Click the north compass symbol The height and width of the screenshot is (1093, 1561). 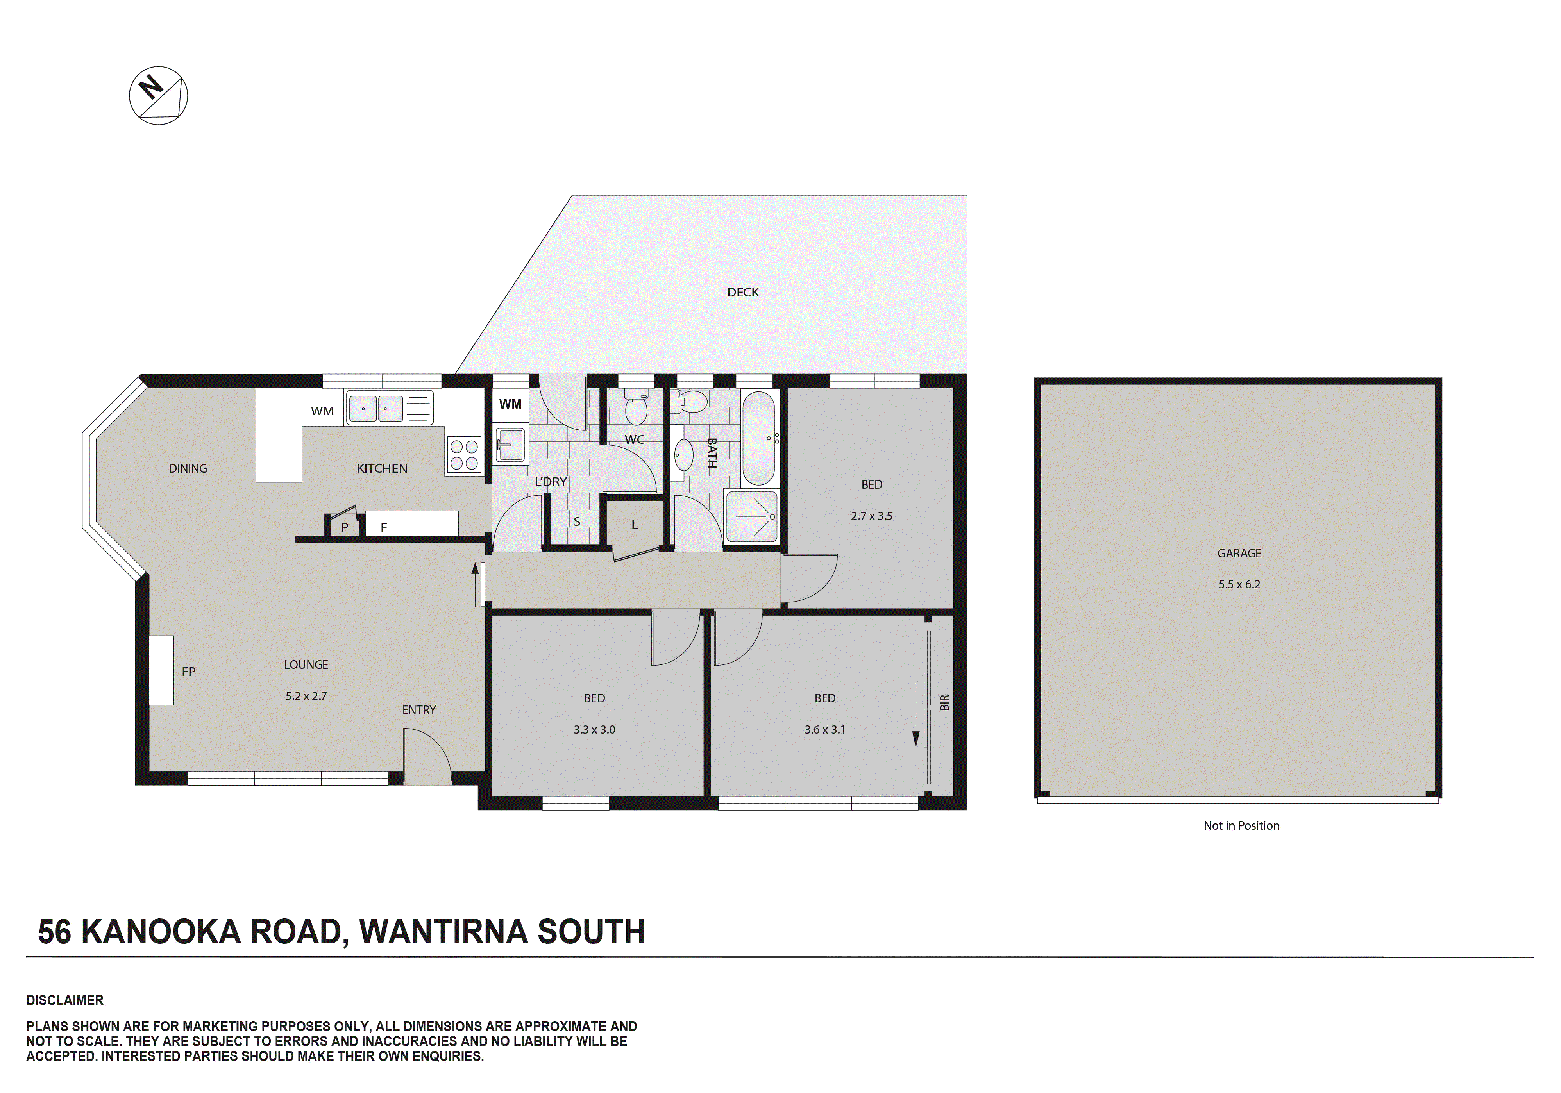click(158, 95)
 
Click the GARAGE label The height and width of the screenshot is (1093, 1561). click(1239, 553)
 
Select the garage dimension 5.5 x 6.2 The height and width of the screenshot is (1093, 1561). click(1239, 584)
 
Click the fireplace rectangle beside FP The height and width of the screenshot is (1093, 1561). click(162, 670)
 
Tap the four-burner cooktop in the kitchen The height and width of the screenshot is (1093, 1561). click(464, 455)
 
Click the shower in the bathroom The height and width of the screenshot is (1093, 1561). click(751, 516)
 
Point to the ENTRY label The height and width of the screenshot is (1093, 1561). click(419, 710)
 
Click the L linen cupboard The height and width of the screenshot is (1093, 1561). click(634, 525)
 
